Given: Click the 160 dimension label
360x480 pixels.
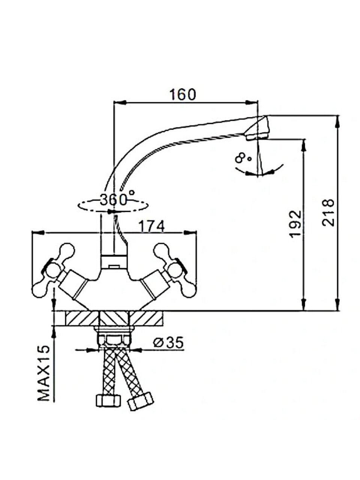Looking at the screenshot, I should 182,94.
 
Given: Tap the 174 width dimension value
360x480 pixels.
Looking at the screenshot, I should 151,226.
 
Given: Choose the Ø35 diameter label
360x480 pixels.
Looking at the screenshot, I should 168,342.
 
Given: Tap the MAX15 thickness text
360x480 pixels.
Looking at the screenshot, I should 44,373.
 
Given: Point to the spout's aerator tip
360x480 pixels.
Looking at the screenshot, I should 259,129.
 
